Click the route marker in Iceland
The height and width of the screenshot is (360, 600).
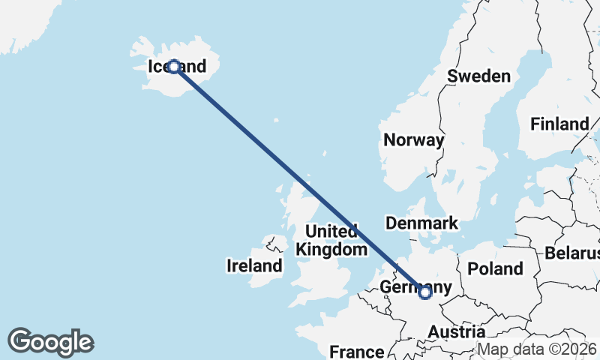point(174,67)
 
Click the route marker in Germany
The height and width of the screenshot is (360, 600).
point(425,292)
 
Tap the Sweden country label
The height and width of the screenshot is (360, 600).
point(478,76)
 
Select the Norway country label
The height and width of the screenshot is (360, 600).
point(413,140)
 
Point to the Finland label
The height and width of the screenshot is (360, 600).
point(559,124)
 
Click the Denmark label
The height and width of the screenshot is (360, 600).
point(421,223)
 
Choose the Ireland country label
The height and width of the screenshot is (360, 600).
point(254,265)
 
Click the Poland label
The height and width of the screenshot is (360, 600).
point(495,268)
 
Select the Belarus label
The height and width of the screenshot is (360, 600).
point(573,253)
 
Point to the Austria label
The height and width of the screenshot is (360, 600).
point(456,331)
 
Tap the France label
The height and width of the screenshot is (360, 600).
point(357,352)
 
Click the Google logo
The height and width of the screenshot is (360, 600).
point(50,342)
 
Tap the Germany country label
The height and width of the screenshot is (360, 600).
point(416,287)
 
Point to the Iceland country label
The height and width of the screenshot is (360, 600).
point(177,67)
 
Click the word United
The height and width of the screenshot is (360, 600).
point(331,230)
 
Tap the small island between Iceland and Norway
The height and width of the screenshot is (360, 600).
point(277,119)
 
